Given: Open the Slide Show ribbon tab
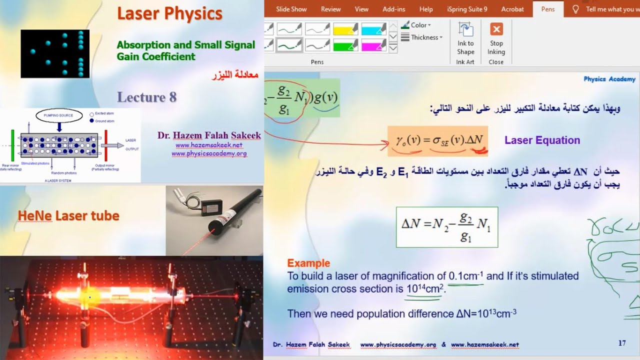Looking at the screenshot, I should pos(291,9).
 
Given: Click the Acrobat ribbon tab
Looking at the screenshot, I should pos(512,9).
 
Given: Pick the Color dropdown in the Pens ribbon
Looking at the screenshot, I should pos(420,25).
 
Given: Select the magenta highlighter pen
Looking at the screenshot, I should pos(373,45).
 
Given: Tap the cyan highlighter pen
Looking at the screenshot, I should pos(373,28).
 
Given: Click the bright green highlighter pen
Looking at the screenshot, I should pos(345,45).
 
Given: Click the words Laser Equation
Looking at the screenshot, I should pos(542,140).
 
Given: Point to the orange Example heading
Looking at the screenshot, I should pos(308,263).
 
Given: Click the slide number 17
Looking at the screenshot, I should pos(622,343).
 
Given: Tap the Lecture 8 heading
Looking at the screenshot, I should pos(146,97).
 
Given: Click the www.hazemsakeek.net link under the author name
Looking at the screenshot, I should pos(208,145).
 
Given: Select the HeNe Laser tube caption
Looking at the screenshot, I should pos(68,216).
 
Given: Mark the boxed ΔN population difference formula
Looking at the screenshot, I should pos(446,227).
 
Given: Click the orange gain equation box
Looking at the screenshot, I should pos(438,140).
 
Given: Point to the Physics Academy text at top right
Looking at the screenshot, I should pos(609,79).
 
